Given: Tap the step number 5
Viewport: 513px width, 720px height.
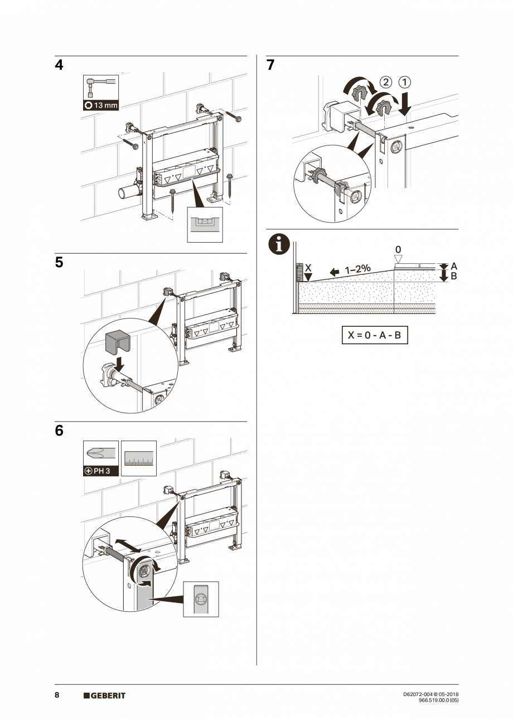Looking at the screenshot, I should click(x=59, y=263).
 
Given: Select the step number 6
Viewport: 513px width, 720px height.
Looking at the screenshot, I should click(x=59, y=431).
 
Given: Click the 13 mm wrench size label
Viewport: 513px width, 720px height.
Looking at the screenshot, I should click(x=101, y=105).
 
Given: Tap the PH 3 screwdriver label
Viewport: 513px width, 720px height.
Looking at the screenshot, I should click(x=101, y=470).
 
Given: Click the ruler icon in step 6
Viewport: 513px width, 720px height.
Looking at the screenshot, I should click(x=139, y=458).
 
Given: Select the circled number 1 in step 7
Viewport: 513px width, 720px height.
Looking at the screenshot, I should click(x=404, y=82).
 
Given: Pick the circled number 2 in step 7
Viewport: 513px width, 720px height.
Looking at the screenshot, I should click(x=385, y=82).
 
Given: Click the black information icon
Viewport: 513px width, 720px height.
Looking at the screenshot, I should click(x=279, y=245).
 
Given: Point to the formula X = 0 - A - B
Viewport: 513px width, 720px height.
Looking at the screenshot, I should click(x=374, y=335).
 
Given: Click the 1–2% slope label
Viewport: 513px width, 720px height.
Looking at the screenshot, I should click(x=357, y=269).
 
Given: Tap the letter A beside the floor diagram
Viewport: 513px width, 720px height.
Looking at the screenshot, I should click(x=453, y=266).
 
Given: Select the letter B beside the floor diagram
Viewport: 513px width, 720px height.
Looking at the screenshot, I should click(x=453, y=276).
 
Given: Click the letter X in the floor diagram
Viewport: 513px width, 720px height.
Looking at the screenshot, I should click(x=308, y=268).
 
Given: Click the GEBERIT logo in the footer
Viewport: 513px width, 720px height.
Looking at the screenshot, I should click(x=104, y=695).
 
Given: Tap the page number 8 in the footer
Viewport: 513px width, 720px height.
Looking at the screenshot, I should click(x=57, y=695).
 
